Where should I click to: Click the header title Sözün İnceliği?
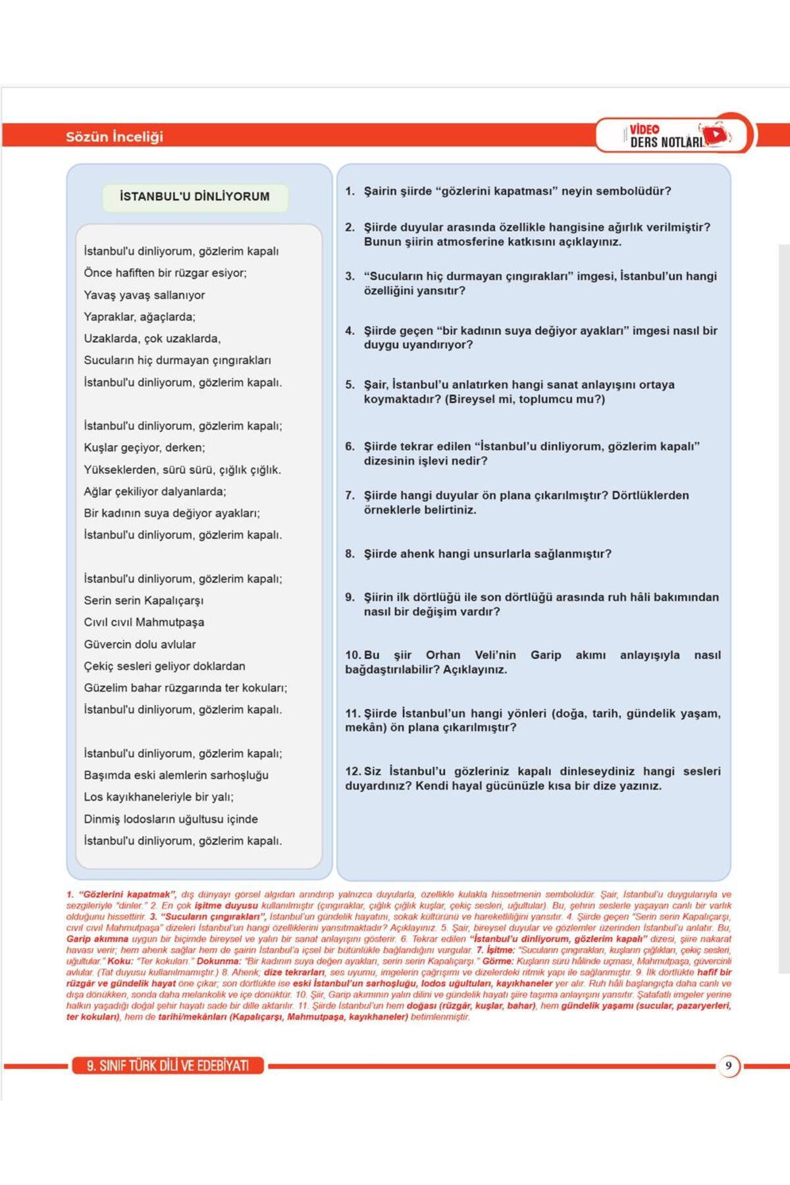pyautogui.click(x=115, y=137)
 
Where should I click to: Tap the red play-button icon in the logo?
pyautogui.click(x=716, y=135)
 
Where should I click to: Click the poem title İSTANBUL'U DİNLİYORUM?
pyautogui.click(x=195, y=196)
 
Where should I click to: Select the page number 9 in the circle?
pyautogui.click(x=728, y=1065)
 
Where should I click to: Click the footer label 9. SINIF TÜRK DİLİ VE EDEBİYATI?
pyautogui.click(x=168, y=1065)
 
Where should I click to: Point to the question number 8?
pyautogui.click(x=350, y=554)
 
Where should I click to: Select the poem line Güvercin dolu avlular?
pyautogui.click(x=140, y=644)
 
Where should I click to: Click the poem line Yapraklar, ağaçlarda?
pyautogui.click(x=140, y=317)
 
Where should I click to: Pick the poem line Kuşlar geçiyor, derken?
pyautogui.click(x=144, y=448)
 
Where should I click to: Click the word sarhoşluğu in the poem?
pyautogui.click(x=238, y=775)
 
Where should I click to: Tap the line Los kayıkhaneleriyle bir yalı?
pyautogui.click(x=159, y=797)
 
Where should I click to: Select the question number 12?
pyautogui.click(x=353, y=771)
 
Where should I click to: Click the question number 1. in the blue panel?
pyautogui.click(x=350, y=191)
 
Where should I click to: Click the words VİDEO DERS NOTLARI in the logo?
pyautogui.click(x=665, y=136)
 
